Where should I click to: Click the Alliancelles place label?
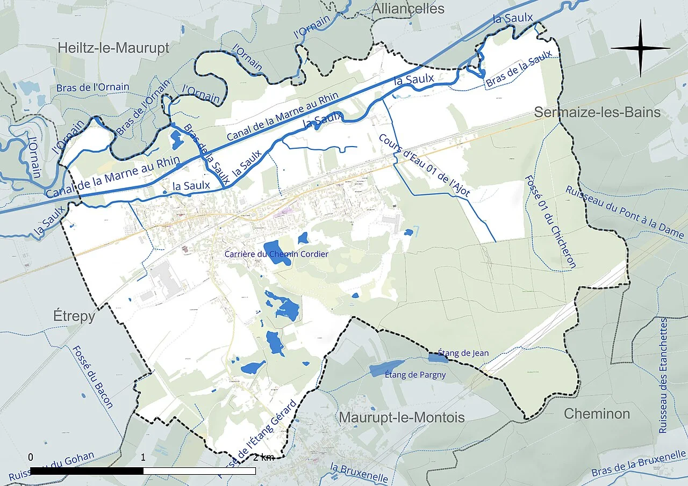point(408,9)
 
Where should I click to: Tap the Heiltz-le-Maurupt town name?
point(113,48)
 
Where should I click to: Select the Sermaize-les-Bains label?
point(597,112)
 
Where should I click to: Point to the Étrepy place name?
point(74,316)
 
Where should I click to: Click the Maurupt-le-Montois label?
point(402,418)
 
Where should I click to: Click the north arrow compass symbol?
point(640,48)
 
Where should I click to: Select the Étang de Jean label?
point(463,353)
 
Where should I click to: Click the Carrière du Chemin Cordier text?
point(276,253)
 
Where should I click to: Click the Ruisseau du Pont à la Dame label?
point(624,213)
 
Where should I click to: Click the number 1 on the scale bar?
point(143,458)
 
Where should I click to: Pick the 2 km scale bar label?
point(263,458)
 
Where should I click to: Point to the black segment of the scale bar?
point(87,471)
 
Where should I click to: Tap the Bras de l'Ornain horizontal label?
point(92,88)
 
